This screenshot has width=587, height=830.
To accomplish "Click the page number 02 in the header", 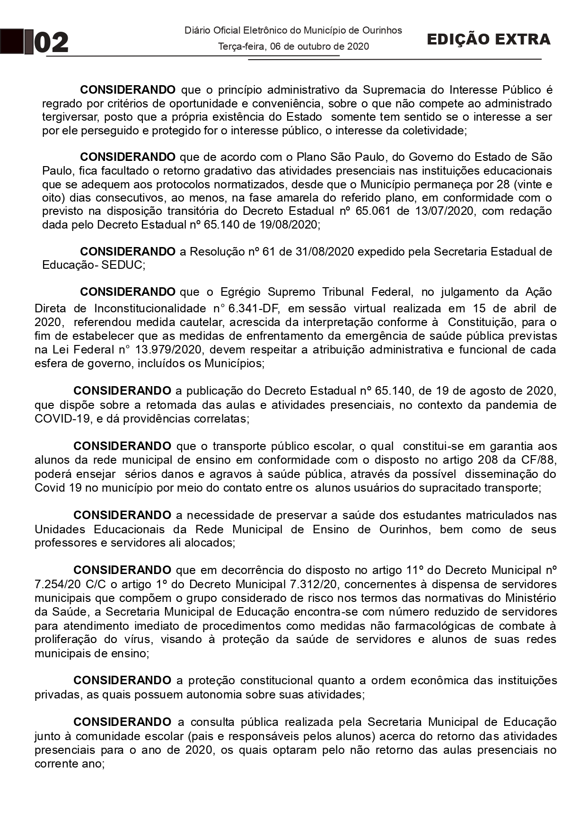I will (52, 43).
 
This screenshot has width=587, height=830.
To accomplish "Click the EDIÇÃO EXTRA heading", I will (488, 39).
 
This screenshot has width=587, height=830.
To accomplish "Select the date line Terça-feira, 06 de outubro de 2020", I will (293, 46).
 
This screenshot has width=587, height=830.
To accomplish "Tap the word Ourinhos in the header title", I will (382, 30).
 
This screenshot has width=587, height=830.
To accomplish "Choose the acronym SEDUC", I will (122, 265).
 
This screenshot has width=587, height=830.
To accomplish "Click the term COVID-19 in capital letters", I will (62, 419).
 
